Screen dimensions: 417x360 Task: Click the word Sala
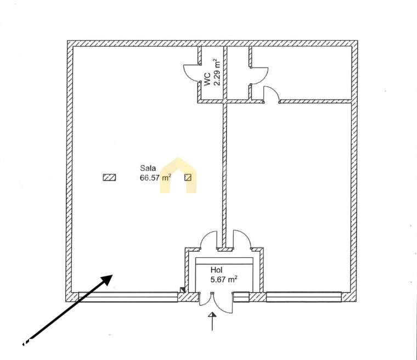tap(148, 168)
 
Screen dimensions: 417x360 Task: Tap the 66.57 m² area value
tap(155, 177)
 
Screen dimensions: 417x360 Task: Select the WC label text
tap(207, 79)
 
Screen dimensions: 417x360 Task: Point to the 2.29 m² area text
tap(217, 72)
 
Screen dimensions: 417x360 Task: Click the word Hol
tap(216, 270)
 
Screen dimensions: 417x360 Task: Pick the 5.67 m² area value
tap(224, 280)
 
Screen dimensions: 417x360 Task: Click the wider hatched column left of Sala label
tap(109, 177)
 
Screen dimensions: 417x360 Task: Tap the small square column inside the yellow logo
tap(188, 177)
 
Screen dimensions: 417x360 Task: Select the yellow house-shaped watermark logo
tap(178, 176)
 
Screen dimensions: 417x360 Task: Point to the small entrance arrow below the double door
tap(212, 321)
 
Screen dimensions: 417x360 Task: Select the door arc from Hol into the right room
tap(243, 237)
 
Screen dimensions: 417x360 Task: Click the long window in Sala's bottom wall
tap(128, 297)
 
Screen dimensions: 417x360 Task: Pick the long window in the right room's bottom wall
tap(304, 297)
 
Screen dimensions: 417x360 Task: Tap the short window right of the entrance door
tap(241, 297)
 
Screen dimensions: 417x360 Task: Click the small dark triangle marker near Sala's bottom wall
tap(182, 290)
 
